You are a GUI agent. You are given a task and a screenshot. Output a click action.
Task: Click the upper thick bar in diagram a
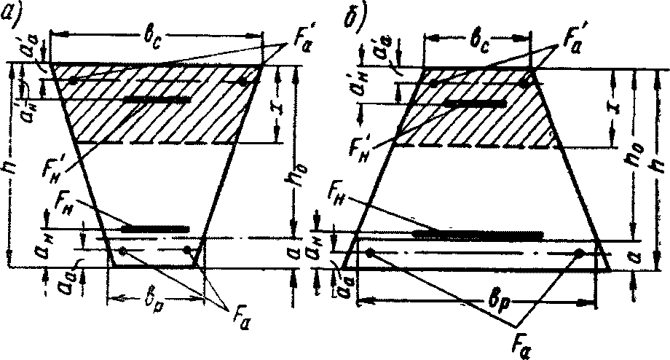pos(157,99)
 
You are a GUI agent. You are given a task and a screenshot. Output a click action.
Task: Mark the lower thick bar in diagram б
pos(477,235)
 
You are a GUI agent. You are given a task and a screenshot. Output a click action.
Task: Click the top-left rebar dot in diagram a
pos(71,80)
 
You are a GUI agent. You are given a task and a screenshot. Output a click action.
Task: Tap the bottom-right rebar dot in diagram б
pos(580,254)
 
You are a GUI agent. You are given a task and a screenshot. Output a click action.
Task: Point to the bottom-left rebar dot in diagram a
pos(123,251)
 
